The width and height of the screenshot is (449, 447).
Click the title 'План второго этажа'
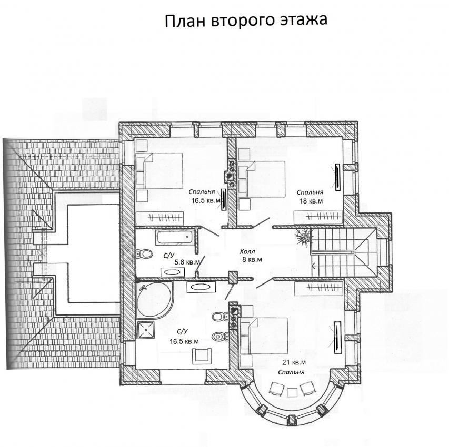[246, 21]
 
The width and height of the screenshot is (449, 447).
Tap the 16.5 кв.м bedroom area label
[206, 200]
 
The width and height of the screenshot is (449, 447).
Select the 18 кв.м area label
[311, 201]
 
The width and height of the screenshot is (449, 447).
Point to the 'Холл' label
[247, 252]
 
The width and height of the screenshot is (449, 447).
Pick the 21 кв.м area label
[294, 362]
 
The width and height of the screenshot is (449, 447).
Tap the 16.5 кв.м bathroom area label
[184, 341]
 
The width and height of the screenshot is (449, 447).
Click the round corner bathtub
[155, 300]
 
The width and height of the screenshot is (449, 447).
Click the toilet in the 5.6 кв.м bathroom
[144, 253]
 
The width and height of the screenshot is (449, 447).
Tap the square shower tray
[146, 330]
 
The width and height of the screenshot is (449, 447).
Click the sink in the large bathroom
[201, 287]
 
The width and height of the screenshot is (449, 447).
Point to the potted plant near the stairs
[303, 236]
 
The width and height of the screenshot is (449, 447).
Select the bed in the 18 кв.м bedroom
[262, 179]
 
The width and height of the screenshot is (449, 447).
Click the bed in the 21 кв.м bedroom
[264, 336]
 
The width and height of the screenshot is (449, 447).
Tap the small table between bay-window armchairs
[292, 392]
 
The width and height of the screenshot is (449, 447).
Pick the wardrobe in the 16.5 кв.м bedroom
[159, 218]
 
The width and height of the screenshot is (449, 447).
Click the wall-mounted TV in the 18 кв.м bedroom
[338, 177]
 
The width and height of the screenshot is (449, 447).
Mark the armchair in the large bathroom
[202, 356]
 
